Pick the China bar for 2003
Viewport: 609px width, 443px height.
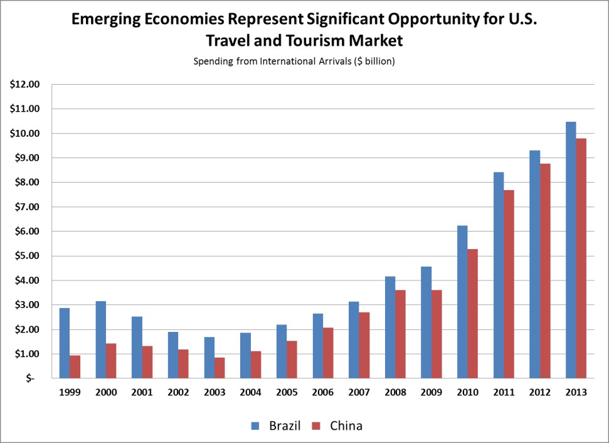[x=220, y=368]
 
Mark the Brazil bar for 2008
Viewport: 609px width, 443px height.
[x=389, y=327]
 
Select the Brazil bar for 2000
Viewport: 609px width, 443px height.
[x=100, y=339]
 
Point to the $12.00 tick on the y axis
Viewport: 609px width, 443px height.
[x=24, y=84]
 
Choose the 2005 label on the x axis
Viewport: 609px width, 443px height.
[x=287, y=393]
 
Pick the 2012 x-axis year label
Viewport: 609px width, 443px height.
[x=539, y=393]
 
